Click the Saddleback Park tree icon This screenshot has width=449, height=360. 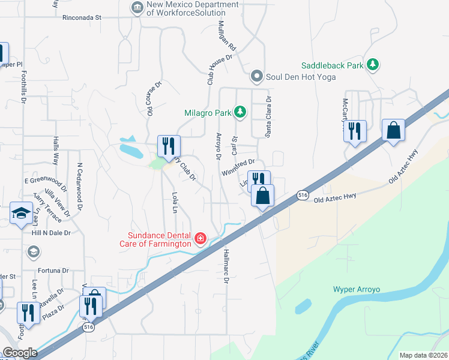(x=373, y=64)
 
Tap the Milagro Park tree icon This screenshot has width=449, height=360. (x=240, y=112)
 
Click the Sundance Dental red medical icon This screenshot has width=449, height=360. (x=200, y=239)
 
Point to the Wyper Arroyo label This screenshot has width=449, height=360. (x=357, y=289)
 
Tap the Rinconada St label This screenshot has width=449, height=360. (x=82, y=17)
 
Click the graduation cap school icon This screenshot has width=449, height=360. (x=21, y=213)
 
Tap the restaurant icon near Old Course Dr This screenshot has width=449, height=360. (x=169, y=145)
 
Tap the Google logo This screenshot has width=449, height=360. (x=20, y=353)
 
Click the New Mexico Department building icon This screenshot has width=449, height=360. (x=136, y=8)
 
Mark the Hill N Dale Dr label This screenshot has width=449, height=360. (x=51, y=233)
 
